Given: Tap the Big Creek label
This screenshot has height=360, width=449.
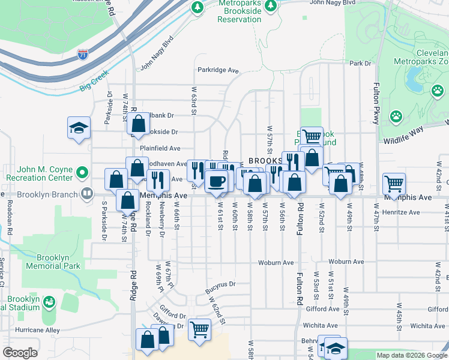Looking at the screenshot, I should coord(94,81).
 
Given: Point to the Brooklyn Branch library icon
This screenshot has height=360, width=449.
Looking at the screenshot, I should coord(87,194).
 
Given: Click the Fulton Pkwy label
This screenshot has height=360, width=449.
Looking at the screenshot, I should coord(377,101).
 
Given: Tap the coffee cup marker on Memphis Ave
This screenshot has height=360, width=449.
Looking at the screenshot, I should coord(216,181).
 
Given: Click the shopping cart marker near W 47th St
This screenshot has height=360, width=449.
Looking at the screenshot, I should coord(394,183).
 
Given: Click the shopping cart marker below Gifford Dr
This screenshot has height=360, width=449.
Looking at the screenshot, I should coord(199,329).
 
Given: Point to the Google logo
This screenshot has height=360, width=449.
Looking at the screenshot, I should coord(20,353).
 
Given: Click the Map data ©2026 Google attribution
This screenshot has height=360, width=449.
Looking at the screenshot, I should coord(411,355).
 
